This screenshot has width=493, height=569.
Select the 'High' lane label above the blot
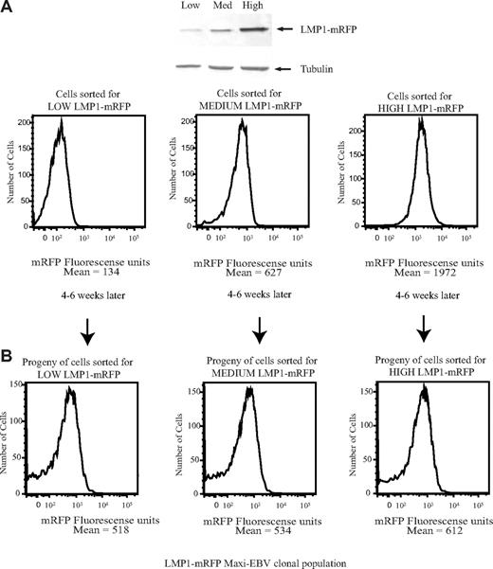(x=253, y=8)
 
